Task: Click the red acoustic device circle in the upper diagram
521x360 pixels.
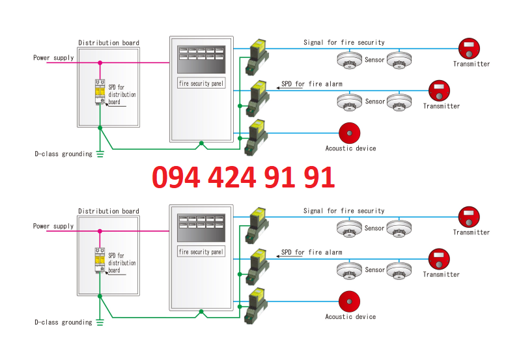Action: (349, 133)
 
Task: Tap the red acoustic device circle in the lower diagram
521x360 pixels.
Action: (349, 301)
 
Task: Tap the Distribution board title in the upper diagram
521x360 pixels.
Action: (109, 43)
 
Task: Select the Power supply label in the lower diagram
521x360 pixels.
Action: (53, 227)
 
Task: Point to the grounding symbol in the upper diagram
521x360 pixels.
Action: (100, 154)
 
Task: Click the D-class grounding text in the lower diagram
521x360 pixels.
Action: (63, 322)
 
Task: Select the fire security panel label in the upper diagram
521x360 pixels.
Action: (201, 84)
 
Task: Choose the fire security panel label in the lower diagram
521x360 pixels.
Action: (201, 252)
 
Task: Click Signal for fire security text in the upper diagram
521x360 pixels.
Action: (344, 42)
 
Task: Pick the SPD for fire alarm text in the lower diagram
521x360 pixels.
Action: (311, 252)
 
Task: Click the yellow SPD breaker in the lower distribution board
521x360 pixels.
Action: (100, 261)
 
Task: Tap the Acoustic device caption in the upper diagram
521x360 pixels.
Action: (350, 148)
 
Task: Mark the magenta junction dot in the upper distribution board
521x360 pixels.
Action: (100, 63)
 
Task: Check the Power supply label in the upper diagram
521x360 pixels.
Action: (53, 58)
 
